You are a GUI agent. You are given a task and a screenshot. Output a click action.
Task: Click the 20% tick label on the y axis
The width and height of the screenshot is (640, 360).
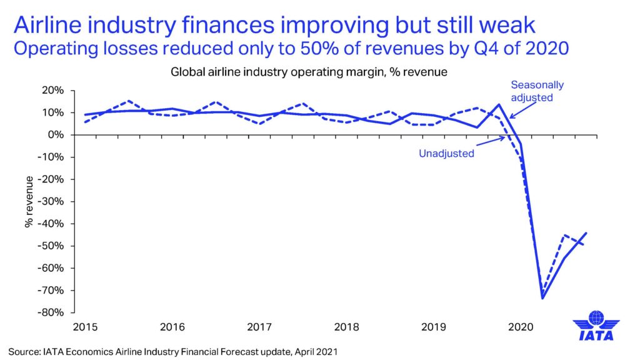[52, 91]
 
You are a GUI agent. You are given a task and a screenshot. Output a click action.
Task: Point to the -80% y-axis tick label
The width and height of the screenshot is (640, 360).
[51, 312]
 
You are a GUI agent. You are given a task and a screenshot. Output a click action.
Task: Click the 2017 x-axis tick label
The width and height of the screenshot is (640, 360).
[258, 326]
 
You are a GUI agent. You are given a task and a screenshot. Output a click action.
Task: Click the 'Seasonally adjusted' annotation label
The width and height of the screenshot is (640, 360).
[536, 91]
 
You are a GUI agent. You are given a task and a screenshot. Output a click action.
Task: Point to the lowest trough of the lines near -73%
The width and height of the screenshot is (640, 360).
[542, 298]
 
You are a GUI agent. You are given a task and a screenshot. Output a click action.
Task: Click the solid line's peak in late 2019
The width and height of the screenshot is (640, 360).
[499, 104]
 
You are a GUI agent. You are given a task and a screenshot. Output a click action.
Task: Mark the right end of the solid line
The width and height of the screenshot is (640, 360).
[586, 233]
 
